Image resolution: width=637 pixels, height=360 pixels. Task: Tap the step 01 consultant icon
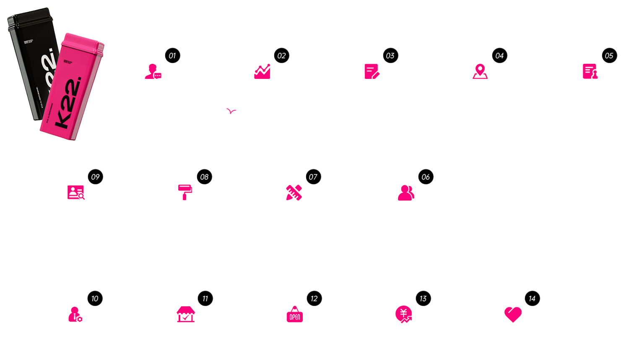[x=153, y=71]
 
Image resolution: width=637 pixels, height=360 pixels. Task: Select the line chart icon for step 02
[x=262, y=71]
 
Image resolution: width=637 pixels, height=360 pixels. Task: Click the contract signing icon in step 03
[x=372, y=71]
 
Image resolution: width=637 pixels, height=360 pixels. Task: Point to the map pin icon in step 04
[x=480, y=71]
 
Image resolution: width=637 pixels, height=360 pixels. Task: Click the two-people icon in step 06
[x=406, y=193]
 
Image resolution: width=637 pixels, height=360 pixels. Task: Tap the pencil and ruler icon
[x=294, y=193]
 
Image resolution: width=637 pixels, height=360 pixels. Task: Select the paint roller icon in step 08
[x=185, y=192]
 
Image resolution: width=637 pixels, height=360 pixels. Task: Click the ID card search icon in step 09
[x=76, y=192]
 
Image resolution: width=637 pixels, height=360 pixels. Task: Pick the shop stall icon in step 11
[x=185, y=314]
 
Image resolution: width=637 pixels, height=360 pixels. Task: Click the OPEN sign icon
[x=295, y=314]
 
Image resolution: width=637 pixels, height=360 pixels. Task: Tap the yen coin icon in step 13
[x=404, y=314]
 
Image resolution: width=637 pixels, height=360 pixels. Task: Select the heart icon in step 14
[x=513, y=314]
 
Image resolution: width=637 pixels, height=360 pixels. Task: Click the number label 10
[x=95, y=299]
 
